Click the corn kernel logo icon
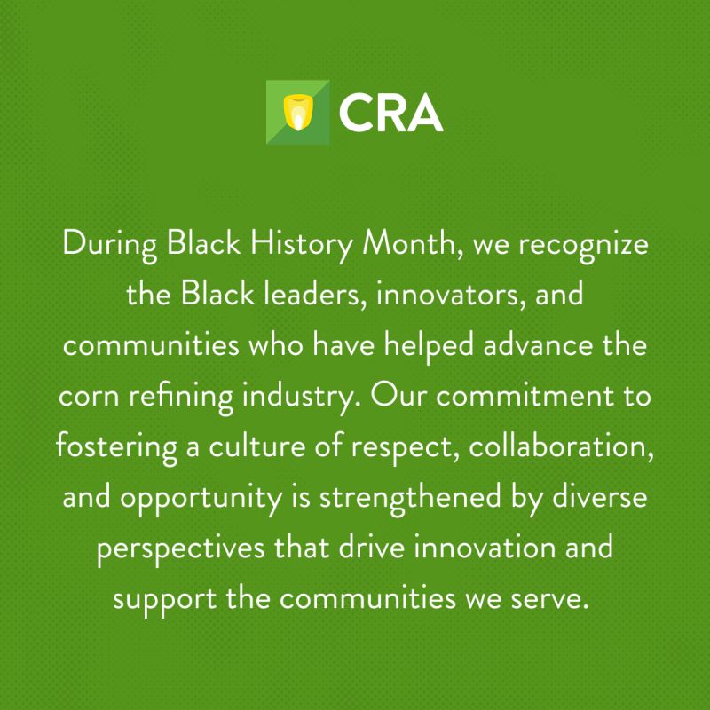tap(298, 112)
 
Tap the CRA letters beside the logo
tap(390, 113)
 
